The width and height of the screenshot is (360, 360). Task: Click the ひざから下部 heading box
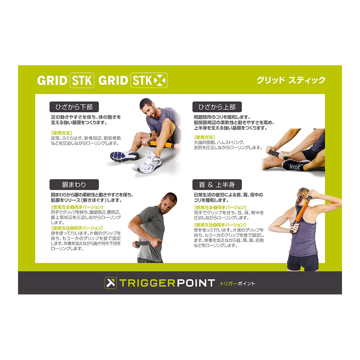click(x=74, y=107)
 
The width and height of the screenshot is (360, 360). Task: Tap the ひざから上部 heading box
click(x=217, y=107)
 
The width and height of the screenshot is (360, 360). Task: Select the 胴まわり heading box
click(x=74, y=185)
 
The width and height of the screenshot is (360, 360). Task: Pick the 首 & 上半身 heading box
click(x=217, y=185)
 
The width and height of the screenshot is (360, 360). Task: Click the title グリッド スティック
click(x=291, y=80)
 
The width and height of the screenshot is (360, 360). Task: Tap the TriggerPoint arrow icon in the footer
click(x=111, y=283)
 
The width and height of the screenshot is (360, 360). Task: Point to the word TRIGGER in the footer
click(x=147, y=283)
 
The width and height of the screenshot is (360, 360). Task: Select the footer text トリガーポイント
click(x=238, y=284)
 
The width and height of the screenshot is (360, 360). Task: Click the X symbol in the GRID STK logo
click(x=160, y=80)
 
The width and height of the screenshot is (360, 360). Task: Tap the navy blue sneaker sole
click(x=124, y=156)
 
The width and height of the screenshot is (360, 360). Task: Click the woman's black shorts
click(x=303, y=262)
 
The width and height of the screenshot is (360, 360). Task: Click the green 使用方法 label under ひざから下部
click(x=62, y=133)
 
